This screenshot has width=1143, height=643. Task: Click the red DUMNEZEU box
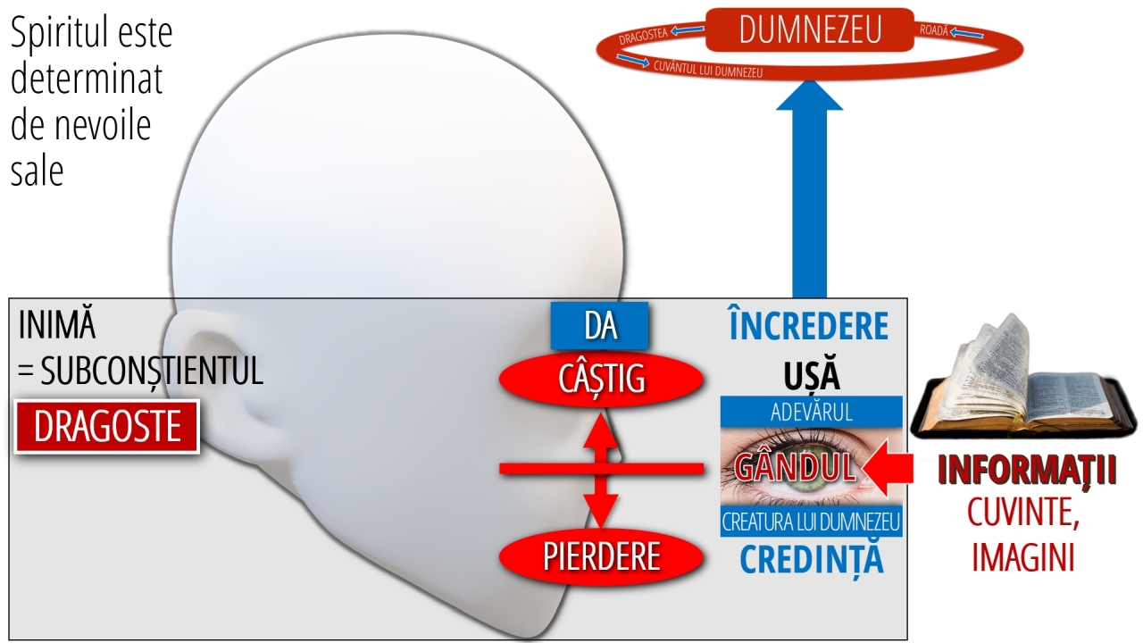point(810,29)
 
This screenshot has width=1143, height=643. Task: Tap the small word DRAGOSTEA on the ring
point(644,37)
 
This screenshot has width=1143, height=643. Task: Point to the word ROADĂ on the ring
point(934,30)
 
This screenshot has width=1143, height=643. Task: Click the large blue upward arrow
point(809,188)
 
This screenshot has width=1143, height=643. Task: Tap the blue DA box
point(599,326)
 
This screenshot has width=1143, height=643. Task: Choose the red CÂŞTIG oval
point(601,380)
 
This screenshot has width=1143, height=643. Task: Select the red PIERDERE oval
point(601,556)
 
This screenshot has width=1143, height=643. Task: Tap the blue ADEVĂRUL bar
point(812,412)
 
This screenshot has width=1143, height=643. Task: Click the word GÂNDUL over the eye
point(795,467)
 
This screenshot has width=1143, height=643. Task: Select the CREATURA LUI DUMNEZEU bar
point(812,522)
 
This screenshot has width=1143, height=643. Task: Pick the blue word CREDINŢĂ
point(812,560)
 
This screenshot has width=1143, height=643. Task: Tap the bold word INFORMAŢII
point(1027,470)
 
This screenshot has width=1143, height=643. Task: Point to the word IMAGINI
point(1023,557)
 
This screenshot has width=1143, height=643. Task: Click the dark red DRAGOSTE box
point(107,427)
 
